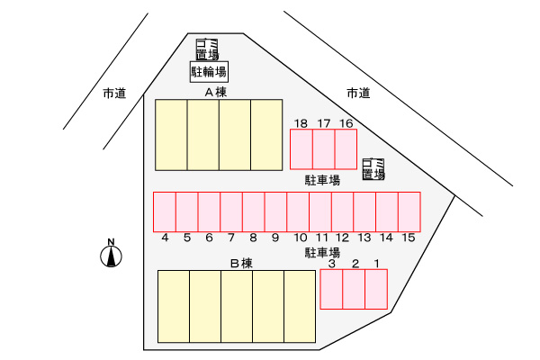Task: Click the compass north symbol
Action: (x=111, y=253)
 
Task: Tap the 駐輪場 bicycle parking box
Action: (x=209, y=72)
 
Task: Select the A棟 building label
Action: (x=216, y=93)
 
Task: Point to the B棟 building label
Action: (x=241, y=263)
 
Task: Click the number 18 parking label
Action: (x=301, y=123)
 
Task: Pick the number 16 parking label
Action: (x=346, y=123)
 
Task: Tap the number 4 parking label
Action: (x=165, y=238)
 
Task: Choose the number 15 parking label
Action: (x=409, y=238)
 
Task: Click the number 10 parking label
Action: (x=301, y=238)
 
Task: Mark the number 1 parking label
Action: (x=377, y=264)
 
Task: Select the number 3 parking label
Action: (x=331, y=264)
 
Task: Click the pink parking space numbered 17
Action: (x=323, y=149)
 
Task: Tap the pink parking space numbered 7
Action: (x=231, y=211)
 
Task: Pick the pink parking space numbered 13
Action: (x=364, y=211)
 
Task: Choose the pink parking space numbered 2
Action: (x=354, y=289)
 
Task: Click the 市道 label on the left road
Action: (x=114, y=93)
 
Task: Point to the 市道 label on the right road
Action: (x=358, y=93)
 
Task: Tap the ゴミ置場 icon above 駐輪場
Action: (x=207, y=49)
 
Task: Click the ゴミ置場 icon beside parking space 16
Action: (x=373, y=169)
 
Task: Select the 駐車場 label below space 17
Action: (x=322, y=180)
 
